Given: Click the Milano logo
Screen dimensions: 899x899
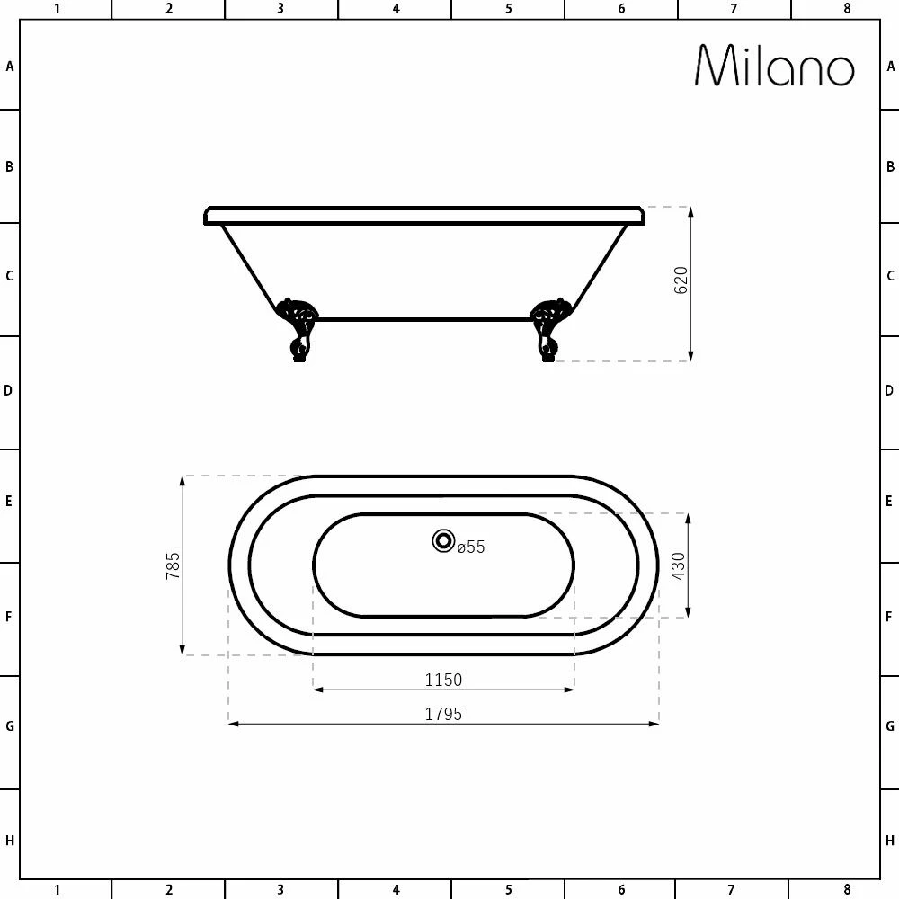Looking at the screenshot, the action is click(x=775, y=66).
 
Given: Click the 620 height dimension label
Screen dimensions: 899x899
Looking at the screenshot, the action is click(x=681, y=280).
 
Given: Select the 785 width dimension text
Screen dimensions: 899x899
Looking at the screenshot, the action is click(x=173, y=565).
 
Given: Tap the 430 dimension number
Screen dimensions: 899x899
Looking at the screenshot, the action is click(x=678, y=565).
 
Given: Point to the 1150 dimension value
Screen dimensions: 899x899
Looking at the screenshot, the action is click(x=443, y=680).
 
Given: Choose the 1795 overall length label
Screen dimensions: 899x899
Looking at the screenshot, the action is click(x=443, y=715).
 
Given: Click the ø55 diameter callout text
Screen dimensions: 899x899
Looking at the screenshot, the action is click(x=471, y=547).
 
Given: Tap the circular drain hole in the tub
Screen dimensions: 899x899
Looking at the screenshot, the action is click(x=443, y=540).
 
